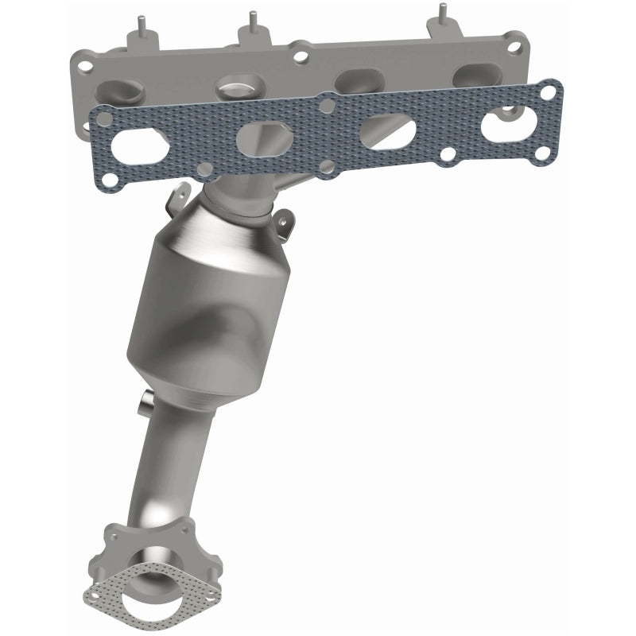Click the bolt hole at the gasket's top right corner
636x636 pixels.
click(546, 94)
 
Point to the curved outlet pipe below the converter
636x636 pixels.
click(171, 461)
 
